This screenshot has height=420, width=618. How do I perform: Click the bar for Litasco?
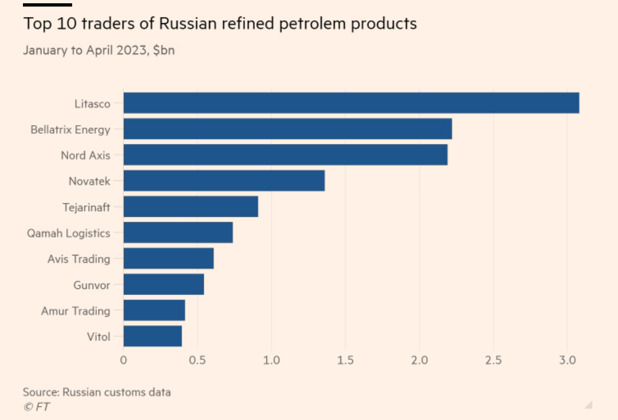351,103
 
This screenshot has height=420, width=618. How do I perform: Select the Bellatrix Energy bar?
288,129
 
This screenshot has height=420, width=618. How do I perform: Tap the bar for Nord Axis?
285,155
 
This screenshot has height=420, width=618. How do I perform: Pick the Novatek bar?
224,181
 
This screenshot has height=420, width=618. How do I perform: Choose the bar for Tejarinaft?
191,206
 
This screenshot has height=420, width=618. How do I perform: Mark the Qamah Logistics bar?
178,233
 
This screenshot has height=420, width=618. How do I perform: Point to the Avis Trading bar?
168,258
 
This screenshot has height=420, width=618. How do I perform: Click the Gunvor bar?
164,284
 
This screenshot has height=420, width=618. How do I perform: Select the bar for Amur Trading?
154,311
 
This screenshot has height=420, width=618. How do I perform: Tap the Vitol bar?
153,336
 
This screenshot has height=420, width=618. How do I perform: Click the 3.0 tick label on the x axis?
568,360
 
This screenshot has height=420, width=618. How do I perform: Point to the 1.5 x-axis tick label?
345,360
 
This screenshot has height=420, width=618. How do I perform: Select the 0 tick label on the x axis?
123,360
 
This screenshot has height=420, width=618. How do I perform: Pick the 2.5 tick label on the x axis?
493,360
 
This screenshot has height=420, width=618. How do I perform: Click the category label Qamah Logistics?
68,233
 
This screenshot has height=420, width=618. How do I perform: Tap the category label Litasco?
92,103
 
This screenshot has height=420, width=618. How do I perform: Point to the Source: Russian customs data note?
96,392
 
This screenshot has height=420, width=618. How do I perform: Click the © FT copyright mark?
36,407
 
